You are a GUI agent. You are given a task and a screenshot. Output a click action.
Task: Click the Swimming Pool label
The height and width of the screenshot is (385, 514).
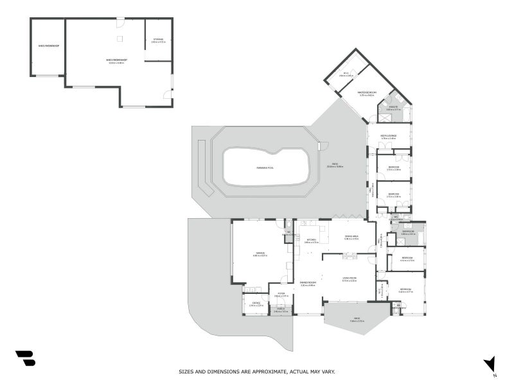(x=264, y=167)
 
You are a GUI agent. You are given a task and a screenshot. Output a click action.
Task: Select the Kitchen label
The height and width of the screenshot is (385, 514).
(x=311, y=241)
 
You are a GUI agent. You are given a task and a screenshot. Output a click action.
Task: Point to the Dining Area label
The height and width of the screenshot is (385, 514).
(x=351, y=237)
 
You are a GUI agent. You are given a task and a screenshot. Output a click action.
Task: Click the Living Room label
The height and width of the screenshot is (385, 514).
(x=350, y=279)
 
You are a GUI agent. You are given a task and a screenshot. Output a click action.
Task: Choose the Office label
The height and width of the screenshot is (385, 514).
(x=255, y=304)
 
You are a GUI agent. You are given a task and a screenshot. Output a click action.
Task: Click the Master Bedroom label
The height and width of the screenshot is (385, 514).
(x=366, y=94)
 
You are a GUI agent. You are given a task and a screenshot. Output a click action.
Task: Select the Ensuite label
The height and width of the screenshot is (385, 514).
(x=393, y=108)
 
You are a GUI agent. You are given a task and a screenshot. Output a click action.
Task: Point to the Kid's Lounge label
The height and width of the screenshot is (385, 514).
(x=388, y=136)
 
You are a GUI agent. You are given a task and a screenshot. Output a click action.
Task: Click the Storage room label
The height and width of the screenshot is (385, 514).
(x=158, y=40)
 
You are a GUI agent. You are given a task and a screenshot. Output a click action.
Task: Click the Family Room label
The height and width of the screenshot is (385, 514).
(x=308, y=283)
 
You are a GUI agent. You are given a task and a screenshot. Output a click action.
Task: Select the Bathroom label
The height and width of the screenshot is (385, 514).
(x=409, y=232)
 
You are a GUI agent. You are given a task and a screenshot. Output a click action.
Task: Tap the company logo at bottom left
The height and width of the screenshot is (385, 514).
(x=25, y=358)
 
